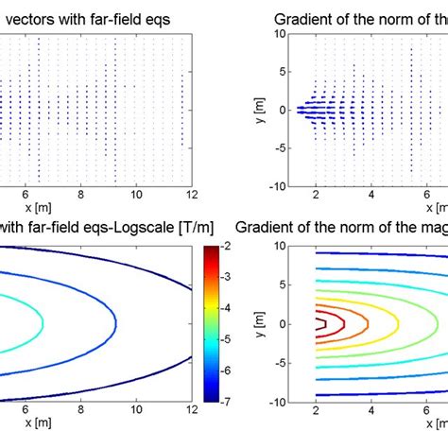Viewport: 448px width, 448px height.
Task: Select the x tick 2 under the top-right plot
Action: click(316, 195)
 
